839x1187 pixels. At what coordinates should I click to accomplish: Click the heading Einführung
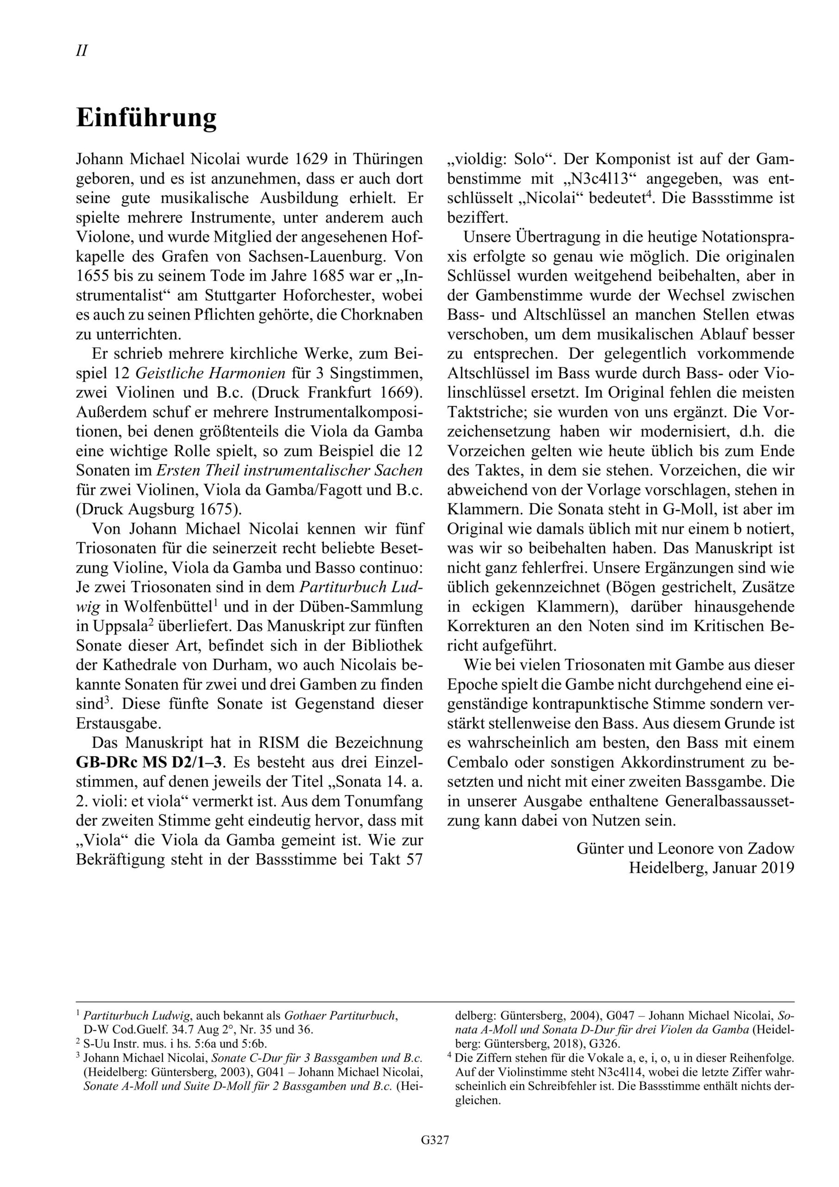146,118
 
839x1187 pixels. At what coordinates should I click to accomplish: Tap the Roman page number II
82,51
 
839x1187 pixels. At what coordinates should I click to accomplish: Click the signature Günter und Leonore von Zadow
685,849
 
